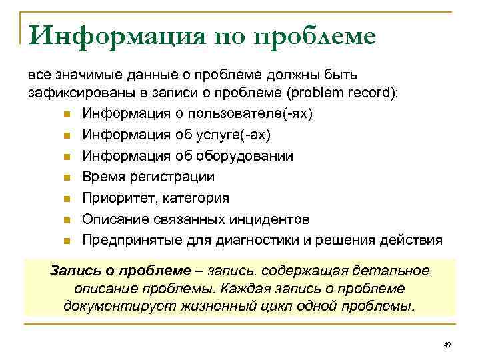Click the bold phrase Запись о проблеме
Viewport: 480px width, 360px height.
(121, 271)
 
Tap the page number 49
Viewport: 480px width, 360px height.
(447, 345)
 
